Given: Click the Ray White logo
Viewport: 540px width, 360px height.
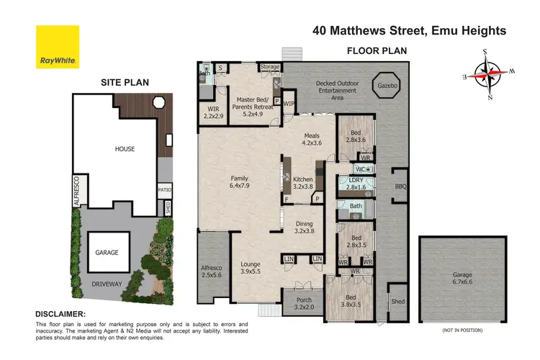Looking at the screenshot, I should point(58,47).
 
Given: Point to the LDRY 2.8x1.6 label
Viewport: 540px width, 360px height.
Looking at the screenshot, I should point(356,184).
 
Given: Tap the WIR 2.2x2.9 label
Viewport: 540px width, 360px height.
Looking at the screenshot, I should point(214,112).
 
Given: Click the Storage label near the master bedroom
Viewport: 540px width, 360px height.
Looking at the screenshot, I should point(269,67).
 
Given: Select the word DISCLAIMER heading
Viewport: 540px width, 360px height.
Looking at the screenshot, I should point(61,314).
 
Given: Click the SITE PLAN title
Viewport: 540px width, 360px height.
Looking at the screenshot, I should point(123,82).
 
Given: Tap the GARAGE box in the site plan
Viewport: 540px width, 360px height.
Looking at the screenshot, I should point(106,253).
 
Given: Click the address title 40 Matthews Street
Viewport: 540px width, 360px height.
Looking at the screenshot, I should point(409,31).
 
